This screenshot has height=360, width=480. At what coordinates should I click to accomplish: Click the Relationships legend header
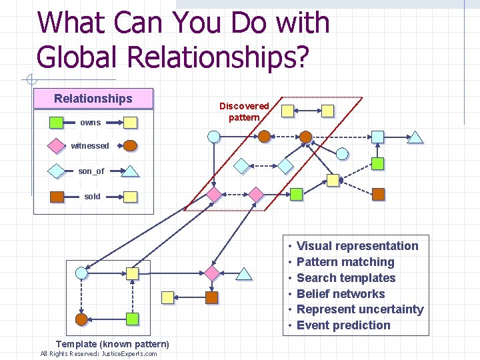click(93, 99)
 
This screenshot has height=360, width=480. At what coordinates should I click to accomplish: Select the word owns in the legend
click(91, 123)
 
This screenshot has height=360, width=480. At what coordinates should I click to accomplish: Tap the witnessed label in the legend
click(90, 146)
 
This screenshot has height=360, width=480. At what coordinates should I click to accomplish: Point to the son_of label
click(91, 171)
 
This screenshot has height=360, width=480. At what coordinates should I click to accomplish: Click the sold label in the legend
click(93, 197)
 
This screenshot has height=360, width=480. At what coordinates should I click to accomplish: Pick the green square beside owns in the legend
click(57, 122)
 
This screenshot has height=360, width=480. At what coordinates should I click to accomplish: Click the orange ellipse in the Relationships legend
click(131, 145)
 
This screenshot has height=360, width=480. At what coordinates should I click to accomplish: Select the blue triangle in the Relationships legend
click(131, 171)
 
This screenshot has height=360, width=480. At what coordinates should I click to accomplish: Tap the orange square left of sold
click(57, 197)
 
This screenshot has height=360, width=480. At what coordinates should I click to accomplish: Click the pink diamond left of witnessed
click(57, 146)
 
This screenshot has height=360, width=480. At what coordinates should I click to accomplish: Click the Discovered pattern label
click(244, 111)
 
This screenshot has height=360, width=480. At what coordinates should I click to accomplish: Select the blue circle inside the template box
click(82, 273)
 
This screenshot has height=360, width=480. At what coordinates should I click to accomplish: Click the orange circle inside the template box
click(81, 319)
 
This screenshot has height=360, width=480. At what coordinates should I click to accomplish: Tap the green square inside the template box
click(133, 319)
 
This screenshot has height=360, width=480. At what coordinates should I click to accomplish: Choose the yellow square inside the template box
click(133, 273)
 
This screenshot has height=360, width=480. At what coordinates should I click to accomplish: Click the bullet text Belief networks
click(341, 294)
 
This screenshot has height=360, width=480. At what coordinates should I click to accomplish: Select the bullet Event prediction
click(343, 325)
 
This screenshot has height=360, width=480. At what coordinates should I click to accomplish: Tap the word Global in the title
click(80, 57)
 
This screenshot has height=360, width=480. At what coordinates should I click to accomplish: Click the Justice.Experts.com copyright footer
click(99, 354)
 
